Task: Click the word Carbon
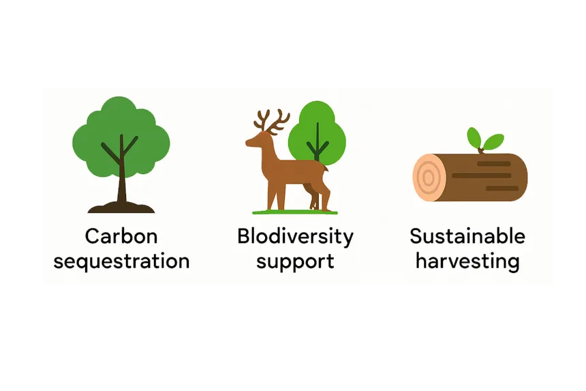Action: click(121, 237)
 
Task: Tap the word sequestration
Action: click(121, 261)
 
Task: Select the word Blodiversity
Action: click(295, 237)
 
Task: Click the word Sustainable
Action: click(467, 237)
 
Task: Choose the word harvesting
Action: click(467, 261)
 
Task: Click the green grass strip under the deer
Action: click(294, 212)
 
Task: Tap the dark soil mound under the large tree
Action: click(121, 206)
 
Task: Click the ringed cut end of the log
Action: click(429, 177)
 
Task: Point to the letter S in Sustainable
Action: click(416, 237)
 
